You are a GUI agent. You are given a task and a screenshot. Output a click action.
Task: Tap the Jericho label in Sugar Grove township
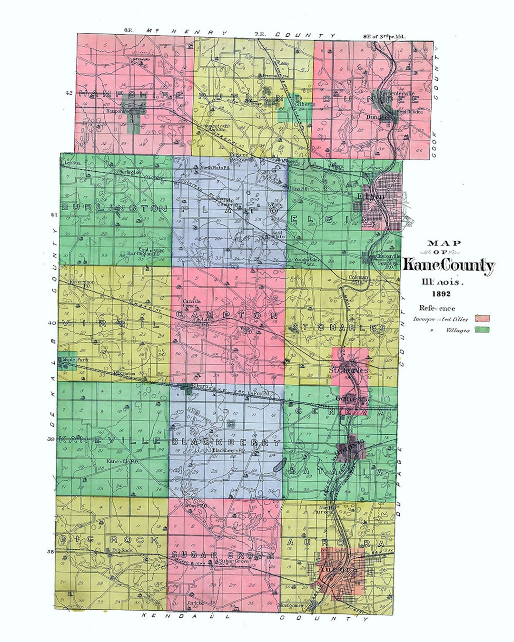tap(195, 603)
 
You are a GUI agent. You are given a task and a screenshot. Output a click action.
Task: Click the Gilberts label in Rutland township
tap(305, 104)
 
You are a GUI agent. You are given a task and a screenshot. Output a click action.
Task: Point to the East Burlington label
tap(140, 252)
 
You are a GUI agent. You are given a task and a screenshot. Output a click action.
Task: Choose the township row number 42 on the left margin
tap(69, 93)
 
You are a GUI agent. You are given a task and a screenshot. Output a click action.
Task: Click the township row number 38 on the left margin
tap(50, 552)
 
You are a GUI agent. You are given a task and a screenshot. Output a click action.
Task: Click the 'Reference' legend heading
tap(437, 308)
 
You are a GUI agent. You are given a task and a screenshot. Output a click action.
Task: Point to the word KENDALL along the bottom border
tap(186, 616)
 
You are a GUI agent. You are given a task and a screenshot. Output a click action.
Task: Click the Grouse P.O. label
tap(195, 506)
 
